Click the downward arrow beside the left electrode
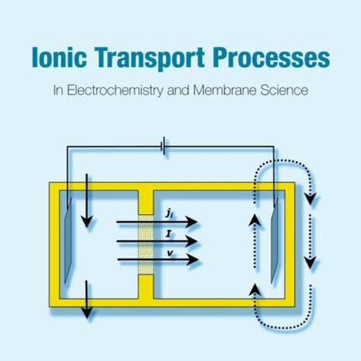85,218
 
